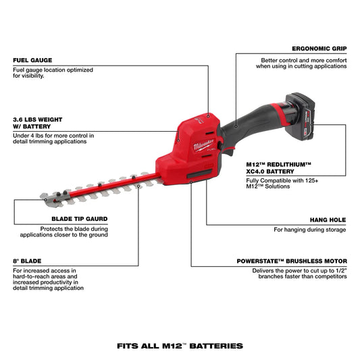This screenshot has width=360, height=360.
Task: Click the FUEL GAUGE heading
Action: [32, 60]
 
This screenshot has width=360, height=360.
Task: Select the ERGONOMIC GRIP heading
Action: [319, 49]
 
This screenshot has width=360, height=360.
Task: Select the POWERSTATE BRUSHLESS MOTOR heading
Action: [292, 261]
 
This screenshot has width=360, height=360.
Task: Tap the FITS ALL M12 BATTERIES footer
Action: [180, 346]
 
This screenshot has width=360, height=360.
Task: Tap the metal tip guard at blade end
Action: [46, 197]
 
